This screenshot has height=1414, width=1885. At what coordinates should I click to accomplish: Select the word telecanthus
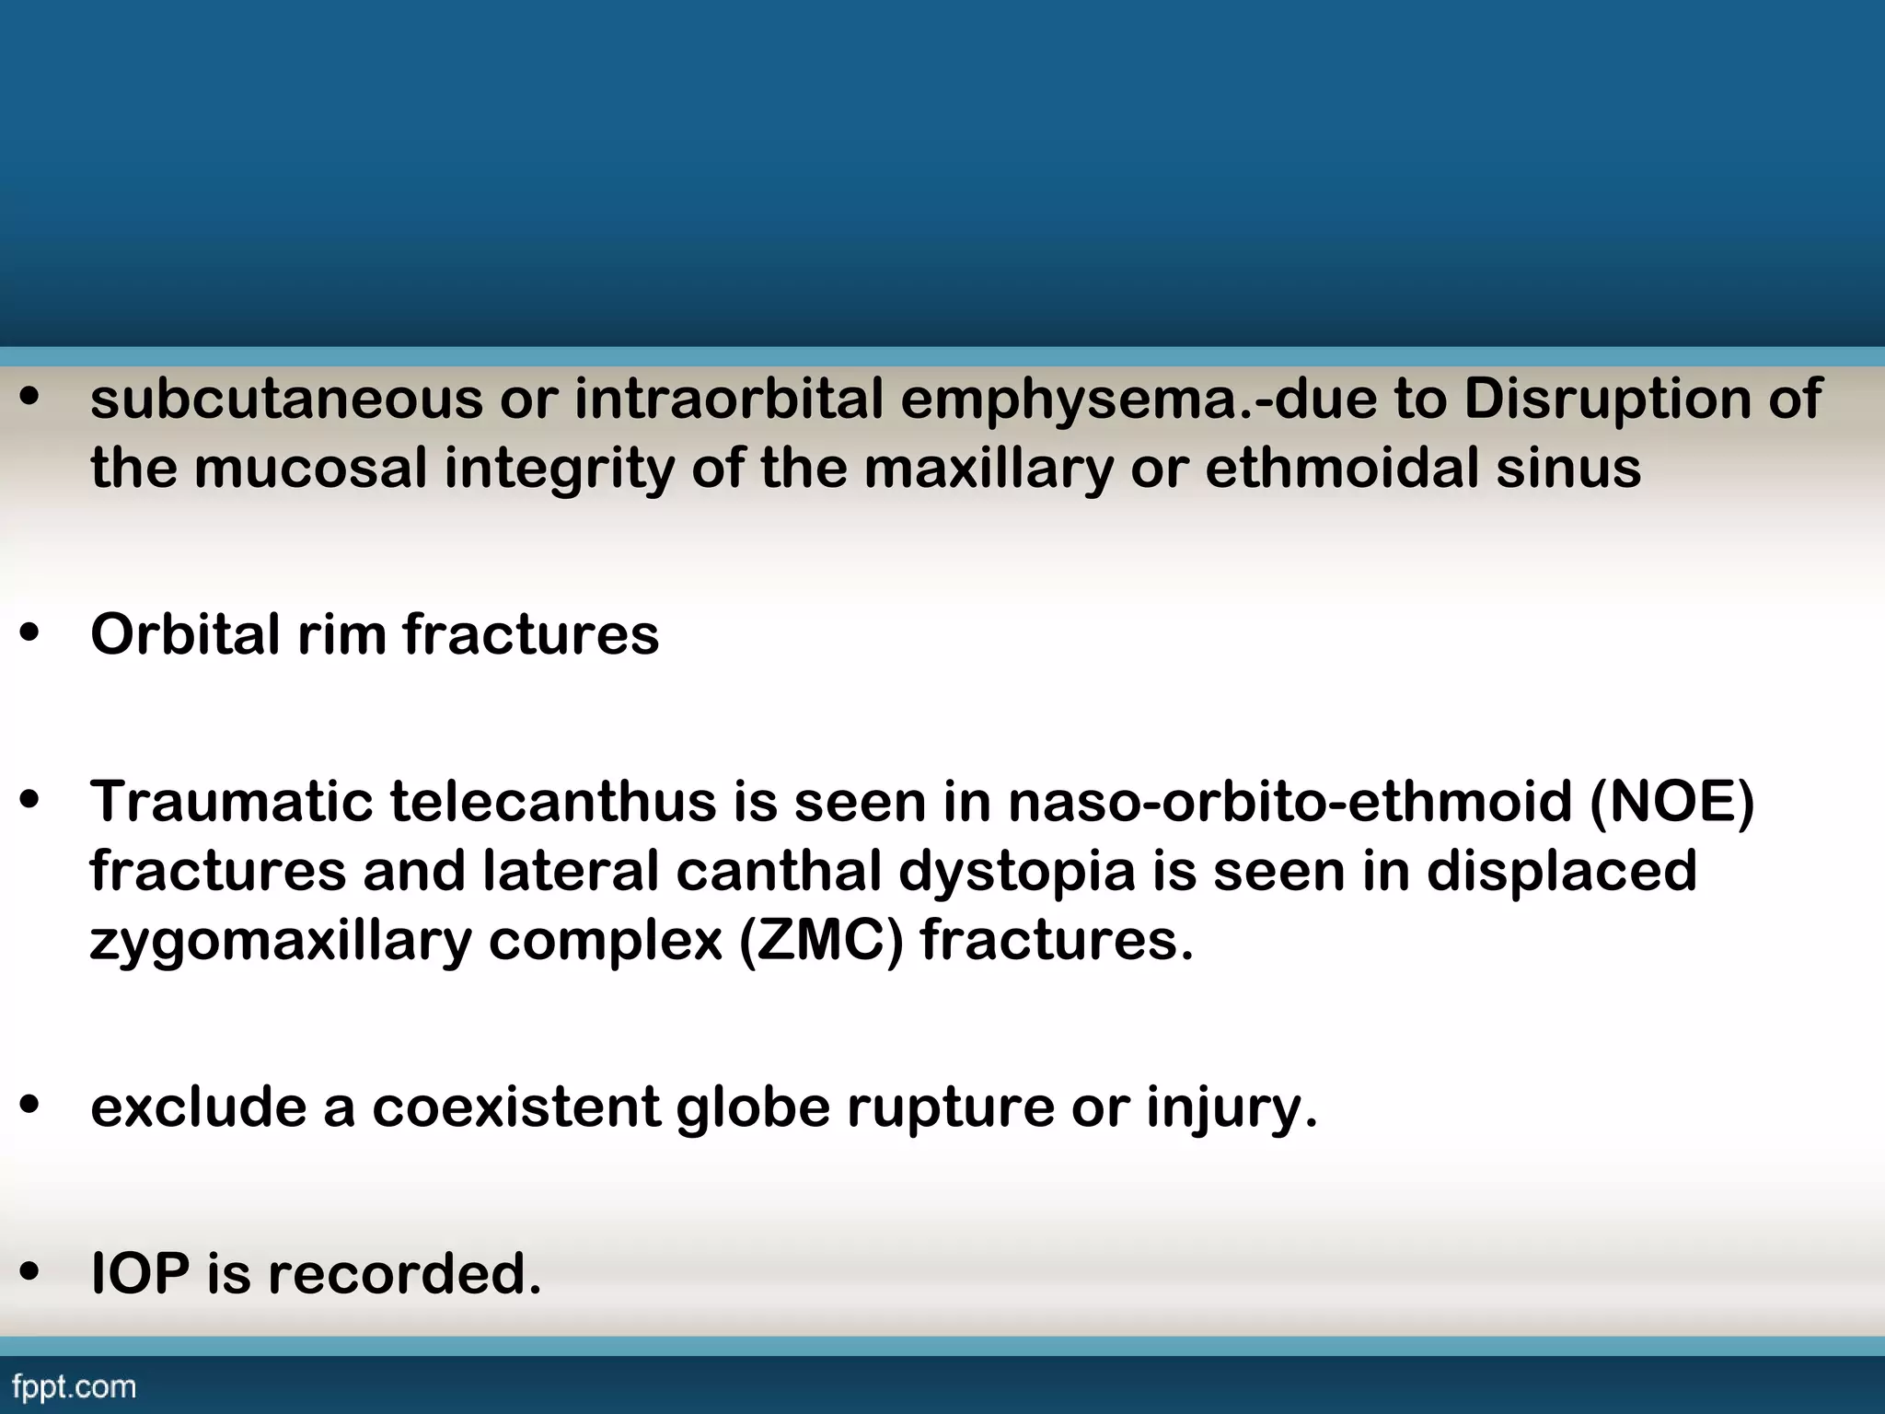552,802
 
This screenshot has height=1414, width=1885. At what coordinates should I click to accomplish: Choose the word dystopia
1017,872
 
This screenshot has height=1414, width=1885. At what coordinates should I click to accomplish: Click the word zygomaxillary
281,942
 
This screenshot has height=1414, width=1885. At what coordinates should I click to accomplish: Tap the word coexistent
515,1107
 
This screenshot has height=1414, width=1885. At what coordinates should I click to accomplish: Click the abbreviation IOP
140,1275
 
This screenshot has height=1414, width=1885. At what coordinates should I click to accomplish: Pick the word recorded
405,1275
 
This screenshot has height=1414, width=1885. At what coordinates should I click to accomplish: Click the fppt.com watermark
75,1386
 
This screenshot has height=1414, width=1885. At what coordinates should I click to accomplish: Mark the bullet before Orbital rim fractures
30,635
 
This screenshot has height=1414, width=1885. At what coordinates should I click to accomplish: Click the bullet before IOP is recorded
30,1275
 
